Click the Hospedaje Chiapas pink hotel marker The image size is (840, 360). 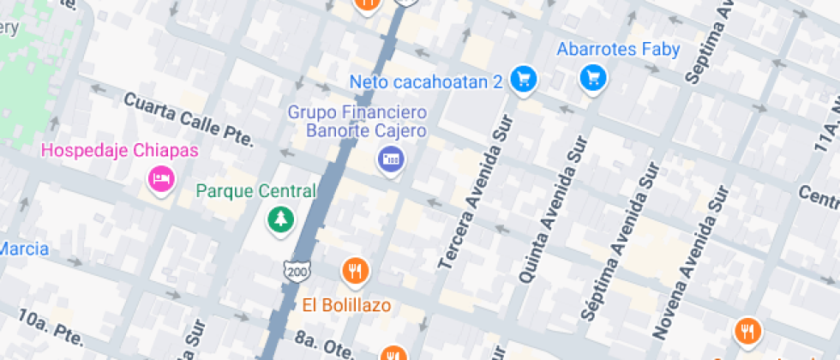(x=160, y=179)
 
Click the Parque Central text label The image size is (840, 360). (x=255, y=190)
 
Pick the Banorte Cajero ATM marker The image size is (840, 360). (x=391, y=158)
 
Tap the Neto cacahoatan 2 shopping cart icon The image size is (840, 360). (x=523, y=80)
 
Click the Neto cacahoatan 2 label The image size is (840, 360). (x=426, y=82)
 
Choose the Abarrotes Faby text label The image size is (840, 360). (x=618, y=50)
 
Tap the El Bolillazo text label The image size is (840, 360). (x=346, y=304)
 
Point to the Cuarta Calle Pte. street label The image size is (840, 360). (x=189, y=121)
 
